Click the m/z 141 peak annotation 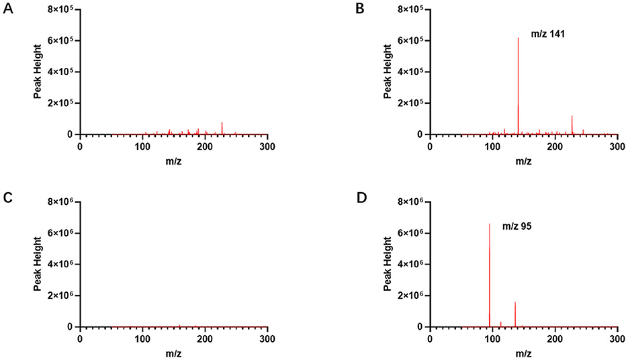tap(547, 32)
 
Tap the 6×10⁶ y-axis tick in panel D tap(410, 233)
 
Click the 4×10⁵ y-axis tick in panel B tap(410, 72)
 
